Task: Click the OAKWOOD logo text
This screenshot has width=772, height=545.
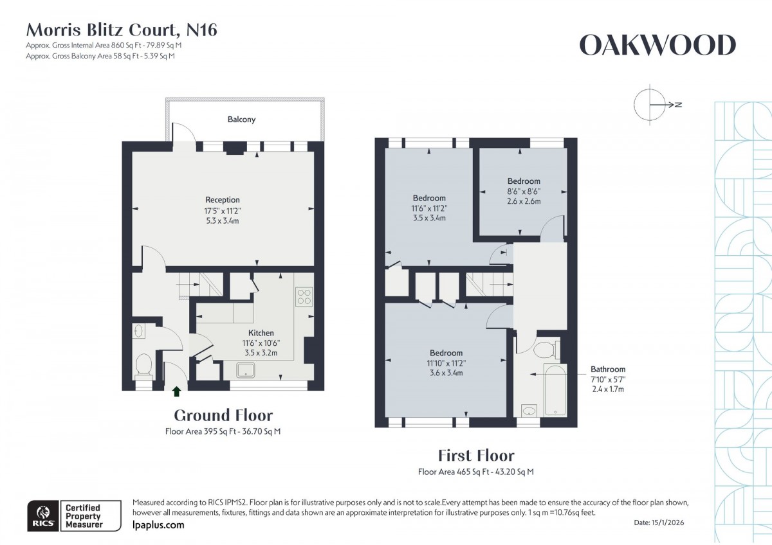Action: pos(657,46)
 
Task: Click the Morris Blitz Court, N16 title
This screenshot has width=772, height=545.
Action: pos(122,30)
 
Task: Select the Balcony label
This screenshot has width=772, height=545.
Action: pos(241,120)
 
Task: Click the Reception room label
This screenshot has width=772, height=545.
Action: pos(223,200)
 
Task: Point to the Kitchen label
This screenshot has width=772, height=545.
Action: pos(261,333)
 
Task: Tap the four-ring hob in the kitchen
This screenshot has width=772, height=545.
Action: pos(304,297)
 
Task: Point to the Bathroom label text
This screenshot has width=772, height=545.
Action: pos(608,370)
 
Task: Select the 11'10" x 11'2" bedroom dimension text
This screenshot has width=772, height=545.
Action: pos(446,363)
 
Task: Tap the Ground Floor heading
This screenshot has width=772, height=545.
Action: pos(223,415)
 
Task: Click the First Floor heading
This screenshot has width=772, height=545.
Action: pos(476,456)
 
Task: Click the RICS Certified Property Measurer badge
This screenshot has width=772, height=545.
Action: pos(73,517)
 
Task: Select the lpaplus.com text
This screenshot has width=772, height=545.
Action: pos(158,525)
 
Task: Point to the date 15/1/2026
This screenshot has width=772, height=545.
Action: pos(669,524)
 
